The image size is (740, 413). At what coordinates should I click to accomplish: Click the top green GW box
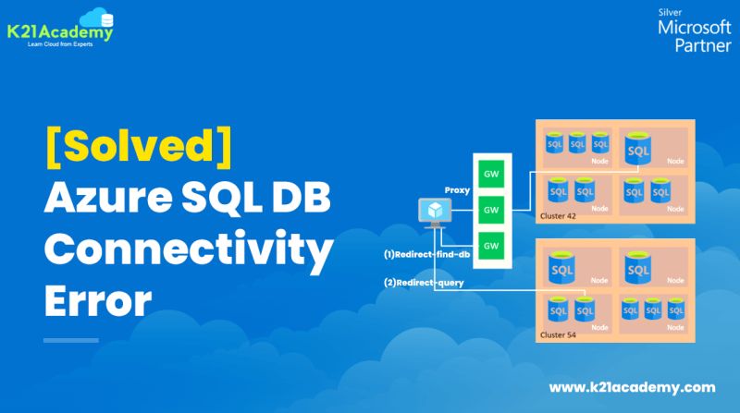[x=489, y=174]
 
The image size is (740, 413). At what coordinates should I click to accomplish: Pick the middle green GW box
[x=489, y=210]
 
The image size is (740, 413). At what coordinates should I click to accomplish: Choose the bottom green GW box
[x=489, y=245]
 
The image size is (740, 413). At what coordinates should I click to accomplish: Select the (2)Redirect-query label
[x=424, y=282]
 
